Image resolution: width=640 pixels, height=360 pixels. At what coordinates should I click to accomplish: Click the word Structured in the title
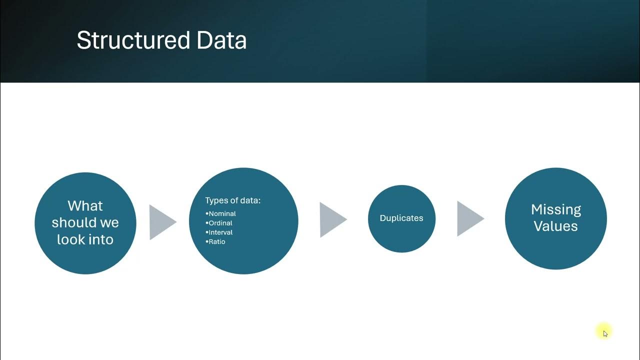(x=133, y=40)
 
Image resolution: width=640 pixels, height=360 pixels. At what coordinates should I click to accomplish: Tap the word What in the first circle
(x=85, y=206)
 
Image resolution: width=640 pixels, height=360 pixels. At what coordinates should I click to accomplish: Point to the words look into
(x=85, y=239)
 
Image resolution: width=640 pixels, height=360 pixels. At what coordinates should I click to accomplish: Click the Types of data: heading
(x=233, y=200)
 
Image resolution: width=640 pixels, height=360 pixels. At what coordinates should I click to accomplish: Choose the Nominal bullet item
(x=222, y=213)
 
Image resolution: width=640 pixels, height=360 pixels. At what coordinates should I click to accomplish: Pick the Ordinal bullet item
(x=220, y=223)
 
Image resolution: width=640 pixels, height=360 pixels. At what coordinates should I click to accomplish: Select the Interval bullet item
(x=220, y=232)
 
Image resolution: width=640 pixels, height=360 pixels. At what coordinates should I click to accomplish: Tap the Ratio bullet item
(x=217, y=241)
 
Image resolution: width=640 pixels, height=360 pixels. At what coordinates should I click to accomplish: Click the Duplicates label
(x=401, y=218)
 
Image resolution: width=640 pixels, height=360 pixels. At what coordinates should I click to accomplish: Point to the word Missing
(x=556, y=209)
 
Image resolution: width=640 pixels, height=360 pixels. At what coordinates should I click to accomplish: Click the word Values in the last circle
(x=555, y=226)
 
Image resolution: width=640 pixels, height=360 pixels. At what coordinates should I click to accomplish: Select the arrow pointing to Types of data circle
(x=161, y=222)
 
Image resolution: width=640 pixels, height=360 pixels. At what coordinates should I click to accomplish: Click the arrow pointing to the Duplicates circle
(x=332, y=219)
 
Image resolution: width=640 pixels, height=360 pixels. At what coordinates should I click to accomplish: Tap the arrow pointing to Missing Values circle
(x=469, y=218)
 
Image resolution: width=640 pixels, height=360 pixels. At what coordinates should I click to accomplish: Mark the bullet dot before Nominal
(x=207, y=214)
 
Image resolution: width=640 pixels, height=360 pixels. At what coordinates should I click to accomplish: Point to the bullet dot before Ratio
(x=207, y=242)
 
